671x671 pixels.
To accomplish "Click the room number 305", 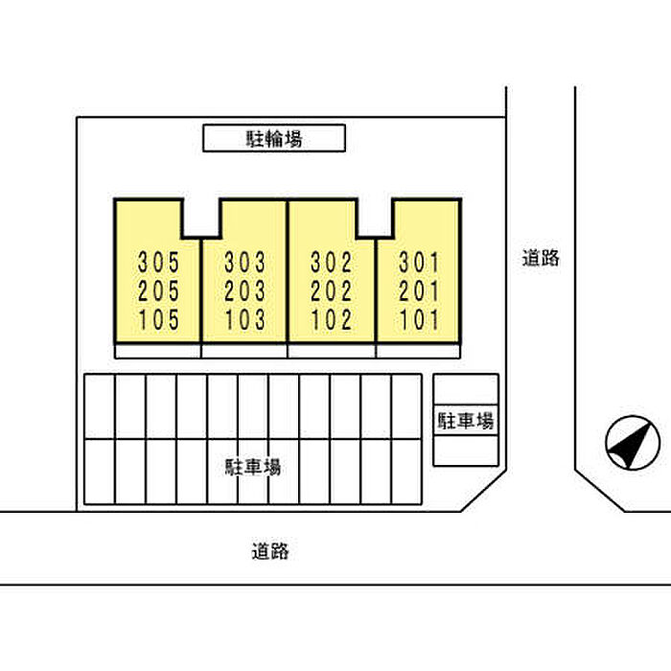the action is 158,263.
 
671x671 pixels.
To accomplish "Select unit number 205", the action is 158,291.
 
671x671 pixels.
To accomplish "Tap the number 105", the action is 158,320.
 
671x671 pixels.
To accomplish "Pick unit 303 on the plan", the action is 245,263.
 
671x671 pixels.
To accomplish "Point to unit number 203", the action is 245,291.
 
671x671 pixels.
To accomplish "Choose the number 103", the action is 245,320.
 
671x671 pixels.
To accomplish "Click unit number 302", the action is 332,263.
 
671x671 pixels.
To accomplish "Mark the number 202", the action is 332,291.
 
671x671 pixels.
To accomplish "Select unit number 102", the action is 332,320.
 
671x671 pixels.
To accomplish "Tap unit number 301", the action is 419,263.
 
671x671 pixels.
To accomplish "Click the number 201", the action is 419,291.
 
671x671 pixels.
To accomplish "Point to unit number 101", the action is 419,320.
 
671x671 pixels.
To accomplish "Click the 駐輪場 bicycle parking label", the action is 274,139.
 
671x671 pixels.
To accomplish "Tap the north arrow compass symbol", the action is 633,443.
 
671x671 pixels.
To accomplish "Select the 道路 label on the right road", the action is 541,258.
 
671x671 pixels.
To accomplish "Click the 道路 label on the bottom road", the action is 270,551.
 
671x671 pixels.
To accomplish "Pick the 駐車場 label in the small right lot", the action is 466,421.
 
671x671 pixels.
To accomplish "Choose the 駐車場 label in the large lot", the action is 253,467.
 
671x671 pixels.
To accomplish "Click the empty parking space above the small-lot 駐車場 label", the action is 466,389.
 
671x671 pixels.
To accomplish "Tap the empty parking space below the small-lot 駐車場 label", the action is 466,451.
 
